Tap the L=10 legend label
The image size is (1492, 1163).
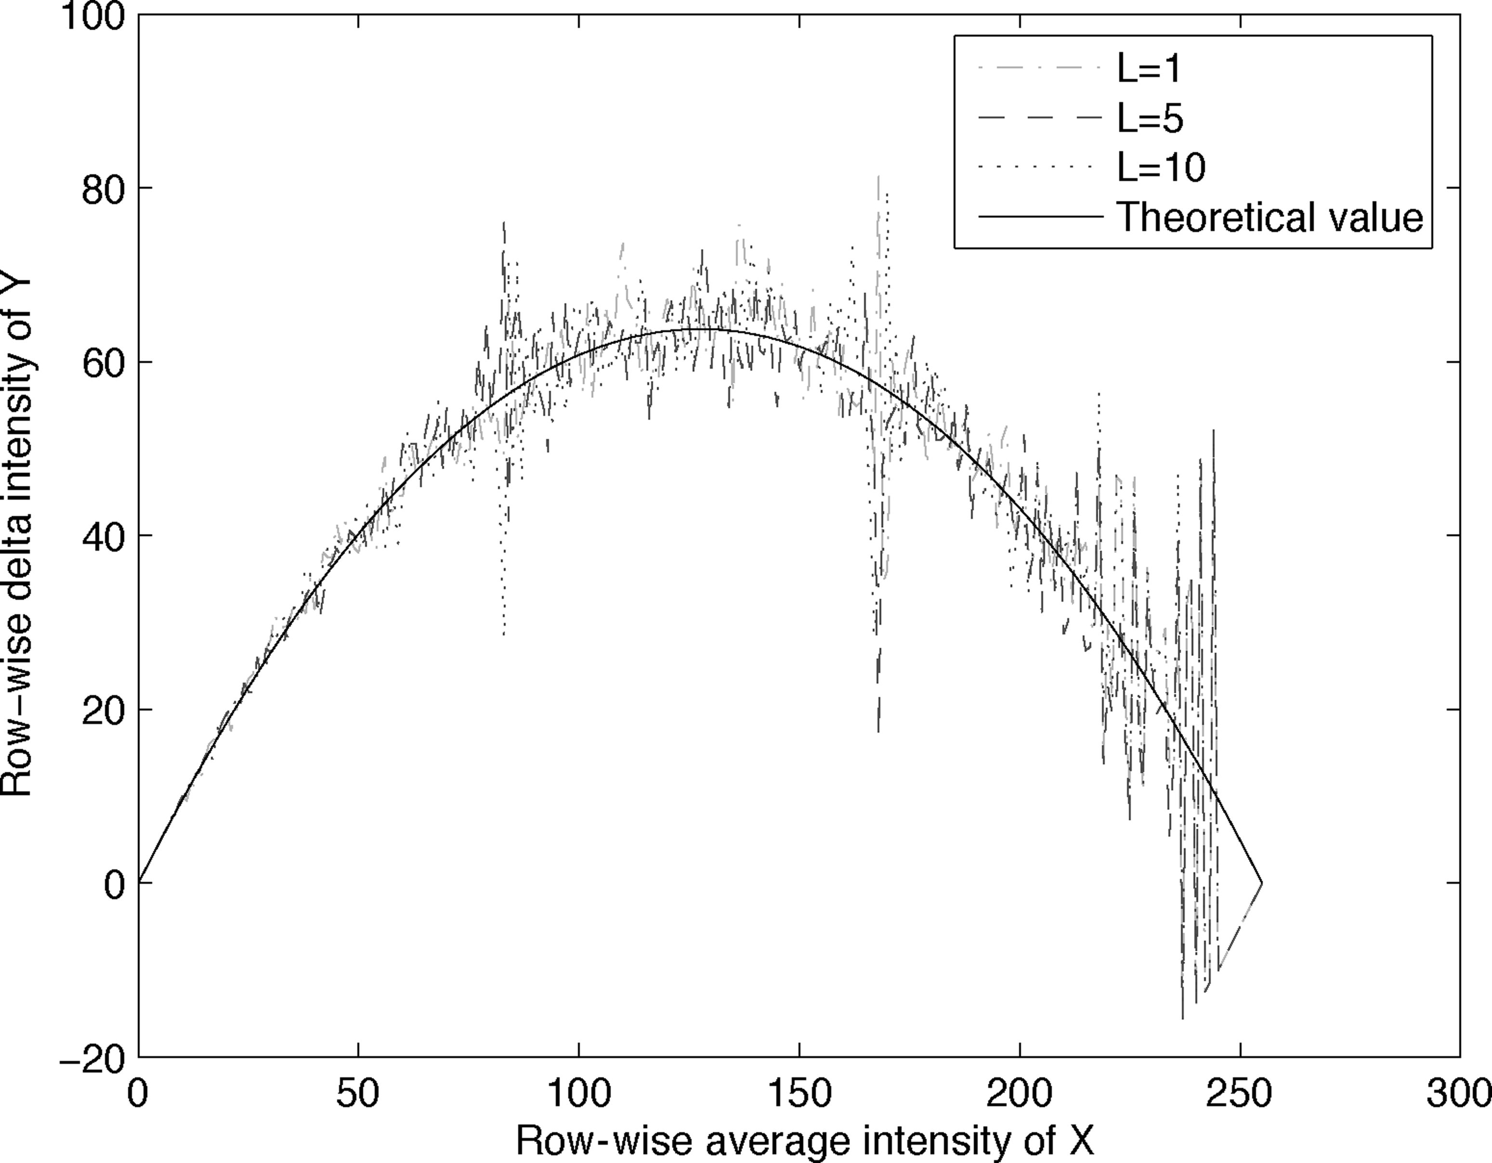click(x=1161, y=168)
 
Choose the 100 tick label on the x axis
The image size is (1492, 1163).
click(x=578, y=1094)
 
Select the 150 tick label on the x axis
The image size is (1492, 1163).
click(x=799, y=1094)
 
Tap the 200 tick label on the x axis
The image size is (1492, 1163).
click(x=1019, y=1094)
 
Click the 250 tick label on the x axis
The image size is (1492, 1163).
click(x=1240, y=1094)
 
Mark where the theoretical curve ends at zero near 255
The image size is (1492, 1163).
click(x=1262, y=883)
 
